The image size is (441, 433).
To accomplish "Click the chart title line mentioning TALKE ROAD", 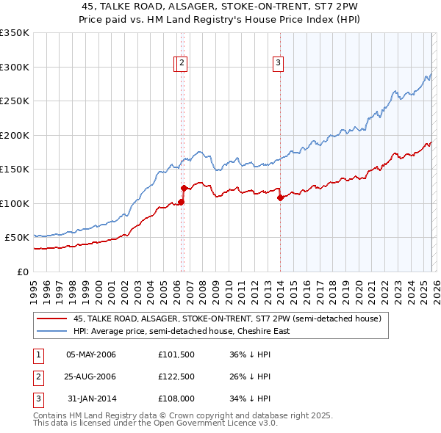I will tap(220, 5).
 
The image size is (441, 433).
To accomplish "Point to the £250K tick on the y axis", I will tap(15, 101).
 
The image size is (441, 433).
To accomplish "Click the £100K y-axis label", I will tap(15, 203).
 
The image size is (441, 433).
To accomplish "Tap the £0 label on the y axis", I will tap(23, 272).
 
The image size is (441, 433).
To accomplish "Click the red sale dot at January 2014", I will tap(280, 197).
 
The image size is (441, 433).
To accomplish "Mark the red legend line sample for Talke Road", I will tap(51, 319).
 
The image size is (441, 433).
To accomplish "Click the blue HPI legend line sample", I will tap(51, 331).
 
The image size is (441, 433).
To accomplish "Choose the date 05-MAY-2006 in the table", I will tap(91, 355).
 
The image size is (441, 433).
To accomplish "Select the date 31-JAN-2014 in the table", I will tap(91, 399).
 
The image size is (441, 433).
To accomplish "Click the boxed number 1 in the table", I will tap(37, 355).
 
